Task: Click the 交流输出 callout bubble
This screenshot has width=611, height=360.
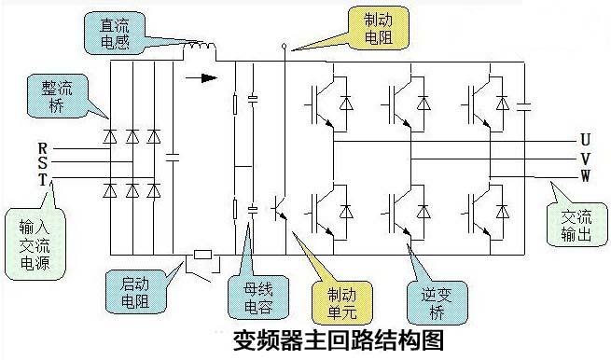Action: pos(576,225)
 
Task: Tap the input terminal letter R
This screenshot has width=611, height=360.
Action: pos(42,148)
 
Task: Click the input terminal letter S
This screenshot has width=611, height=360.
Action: pos(42,162)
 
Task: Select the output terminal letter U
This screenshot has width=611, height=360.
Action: pos(585,140)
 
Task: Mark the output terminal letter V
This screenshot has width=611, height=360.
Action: pos(585,158)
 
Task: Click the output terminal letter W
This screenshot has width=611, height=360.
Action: pos(585,174)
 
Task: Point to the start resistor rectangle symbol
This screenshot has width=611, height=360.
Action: pos(204,254)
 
